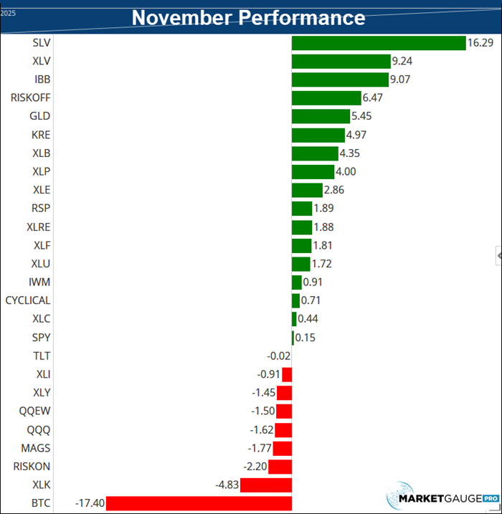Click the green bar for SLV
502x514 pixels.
[x=379, y=44]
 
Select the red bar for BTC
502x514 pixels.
[x=199, y=503]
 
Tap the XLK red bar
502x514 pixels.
[x=266, y=485]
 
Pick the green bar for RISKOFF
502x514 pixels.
[x=326, y=98]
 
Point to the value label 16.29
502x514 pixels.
[x=480, y=44]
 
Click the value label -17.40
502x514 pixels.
[x=90, y=503]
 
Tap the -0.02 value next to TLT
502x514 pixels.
[x=278, y=356]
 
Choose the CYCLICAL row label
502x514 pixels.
[x=28, y=300]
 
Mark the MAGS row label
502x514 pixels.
[x=37, y=447]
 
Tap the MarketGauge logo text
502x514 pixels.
[x=439, y=498]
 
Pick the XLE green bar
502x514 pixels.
[x=307, y=190]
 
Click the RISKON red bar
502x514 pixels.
[x=280, y=467]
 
